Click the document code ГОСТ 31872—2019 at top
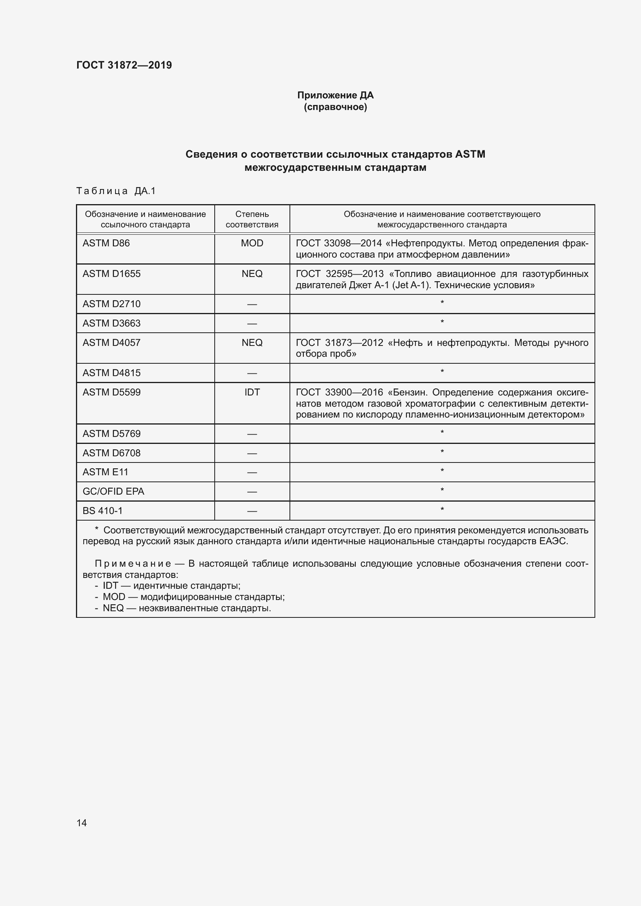[x=124, y=65]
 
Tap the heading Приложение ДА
[x=335, y=95]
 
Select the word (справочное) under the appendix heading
[x=335, y=107]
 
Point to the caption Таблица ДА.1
[x=116, y=191]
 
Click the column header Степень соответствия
[x=252, y=219]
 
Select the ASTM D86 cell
[x=106, y=243]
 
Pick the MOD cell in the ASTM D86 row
[x=252, y=243]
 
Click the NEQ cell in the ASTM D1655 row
[x=252, y=274]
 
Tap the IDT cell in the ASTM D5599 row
[x=252, y=392]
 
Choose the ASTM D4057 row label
[x=111, y=342]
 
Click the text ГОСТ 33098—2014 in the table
[x=339, y=243]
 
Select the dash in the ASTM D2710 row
[x=252, y=304]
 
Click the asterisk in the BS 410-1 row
[x=442, y=510]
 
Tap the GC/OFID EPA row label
[x=113, y=491]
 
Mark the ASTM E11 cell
[x=105, y=472]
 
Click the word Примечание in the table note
[x=133, y=564]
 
